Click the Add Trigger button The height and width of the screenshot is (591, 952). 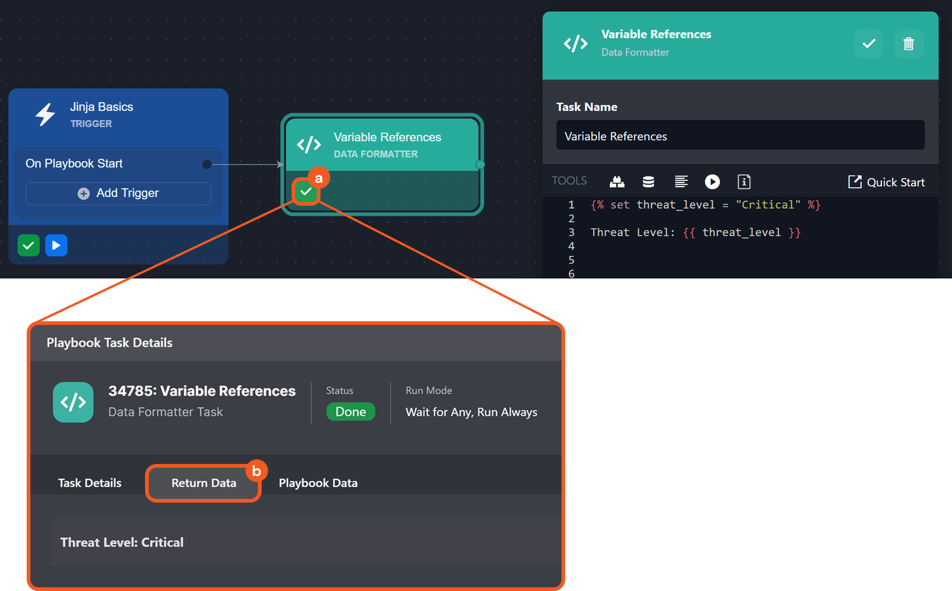pos(118,193)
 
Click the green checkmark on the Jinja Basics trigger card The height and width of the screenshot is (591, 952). pos(29,245)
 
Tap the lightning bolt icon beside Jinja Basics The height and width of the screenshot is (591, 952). pos(46,114)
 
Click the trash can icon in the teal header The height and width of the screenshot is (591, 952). pos(908,44)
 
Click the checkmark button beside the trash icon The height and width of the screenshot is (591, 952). pos(869,44)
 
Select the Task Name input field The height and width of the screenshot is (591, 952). pos(740,136)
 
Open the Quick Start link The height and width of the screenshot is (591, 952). pos(887,182)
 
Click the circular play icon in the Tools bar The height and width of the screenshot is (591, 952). pos(712,182)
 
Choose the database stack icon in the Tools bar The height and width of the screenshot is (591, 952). pos(648,182)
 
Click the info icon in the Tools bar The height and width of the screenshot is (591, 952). pos(744,182)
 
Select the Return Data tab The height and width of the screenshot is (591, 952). pos(204,483)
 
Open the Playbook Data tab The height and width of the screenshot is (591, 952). pos(318,483)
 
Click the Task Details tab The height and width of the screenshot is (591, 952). pos(90,483)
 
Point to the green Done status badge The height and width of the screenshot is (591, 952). pos(350,411)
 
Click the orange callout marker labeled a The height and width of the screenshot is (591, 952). pos(318,179)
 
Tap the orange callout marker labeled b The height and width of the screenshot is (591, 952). pos(257,471)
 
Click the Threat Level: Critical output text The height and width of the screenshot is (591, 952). pos(122,542)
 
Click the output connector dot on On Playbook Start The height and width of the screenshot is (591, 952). pos(207,164)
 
